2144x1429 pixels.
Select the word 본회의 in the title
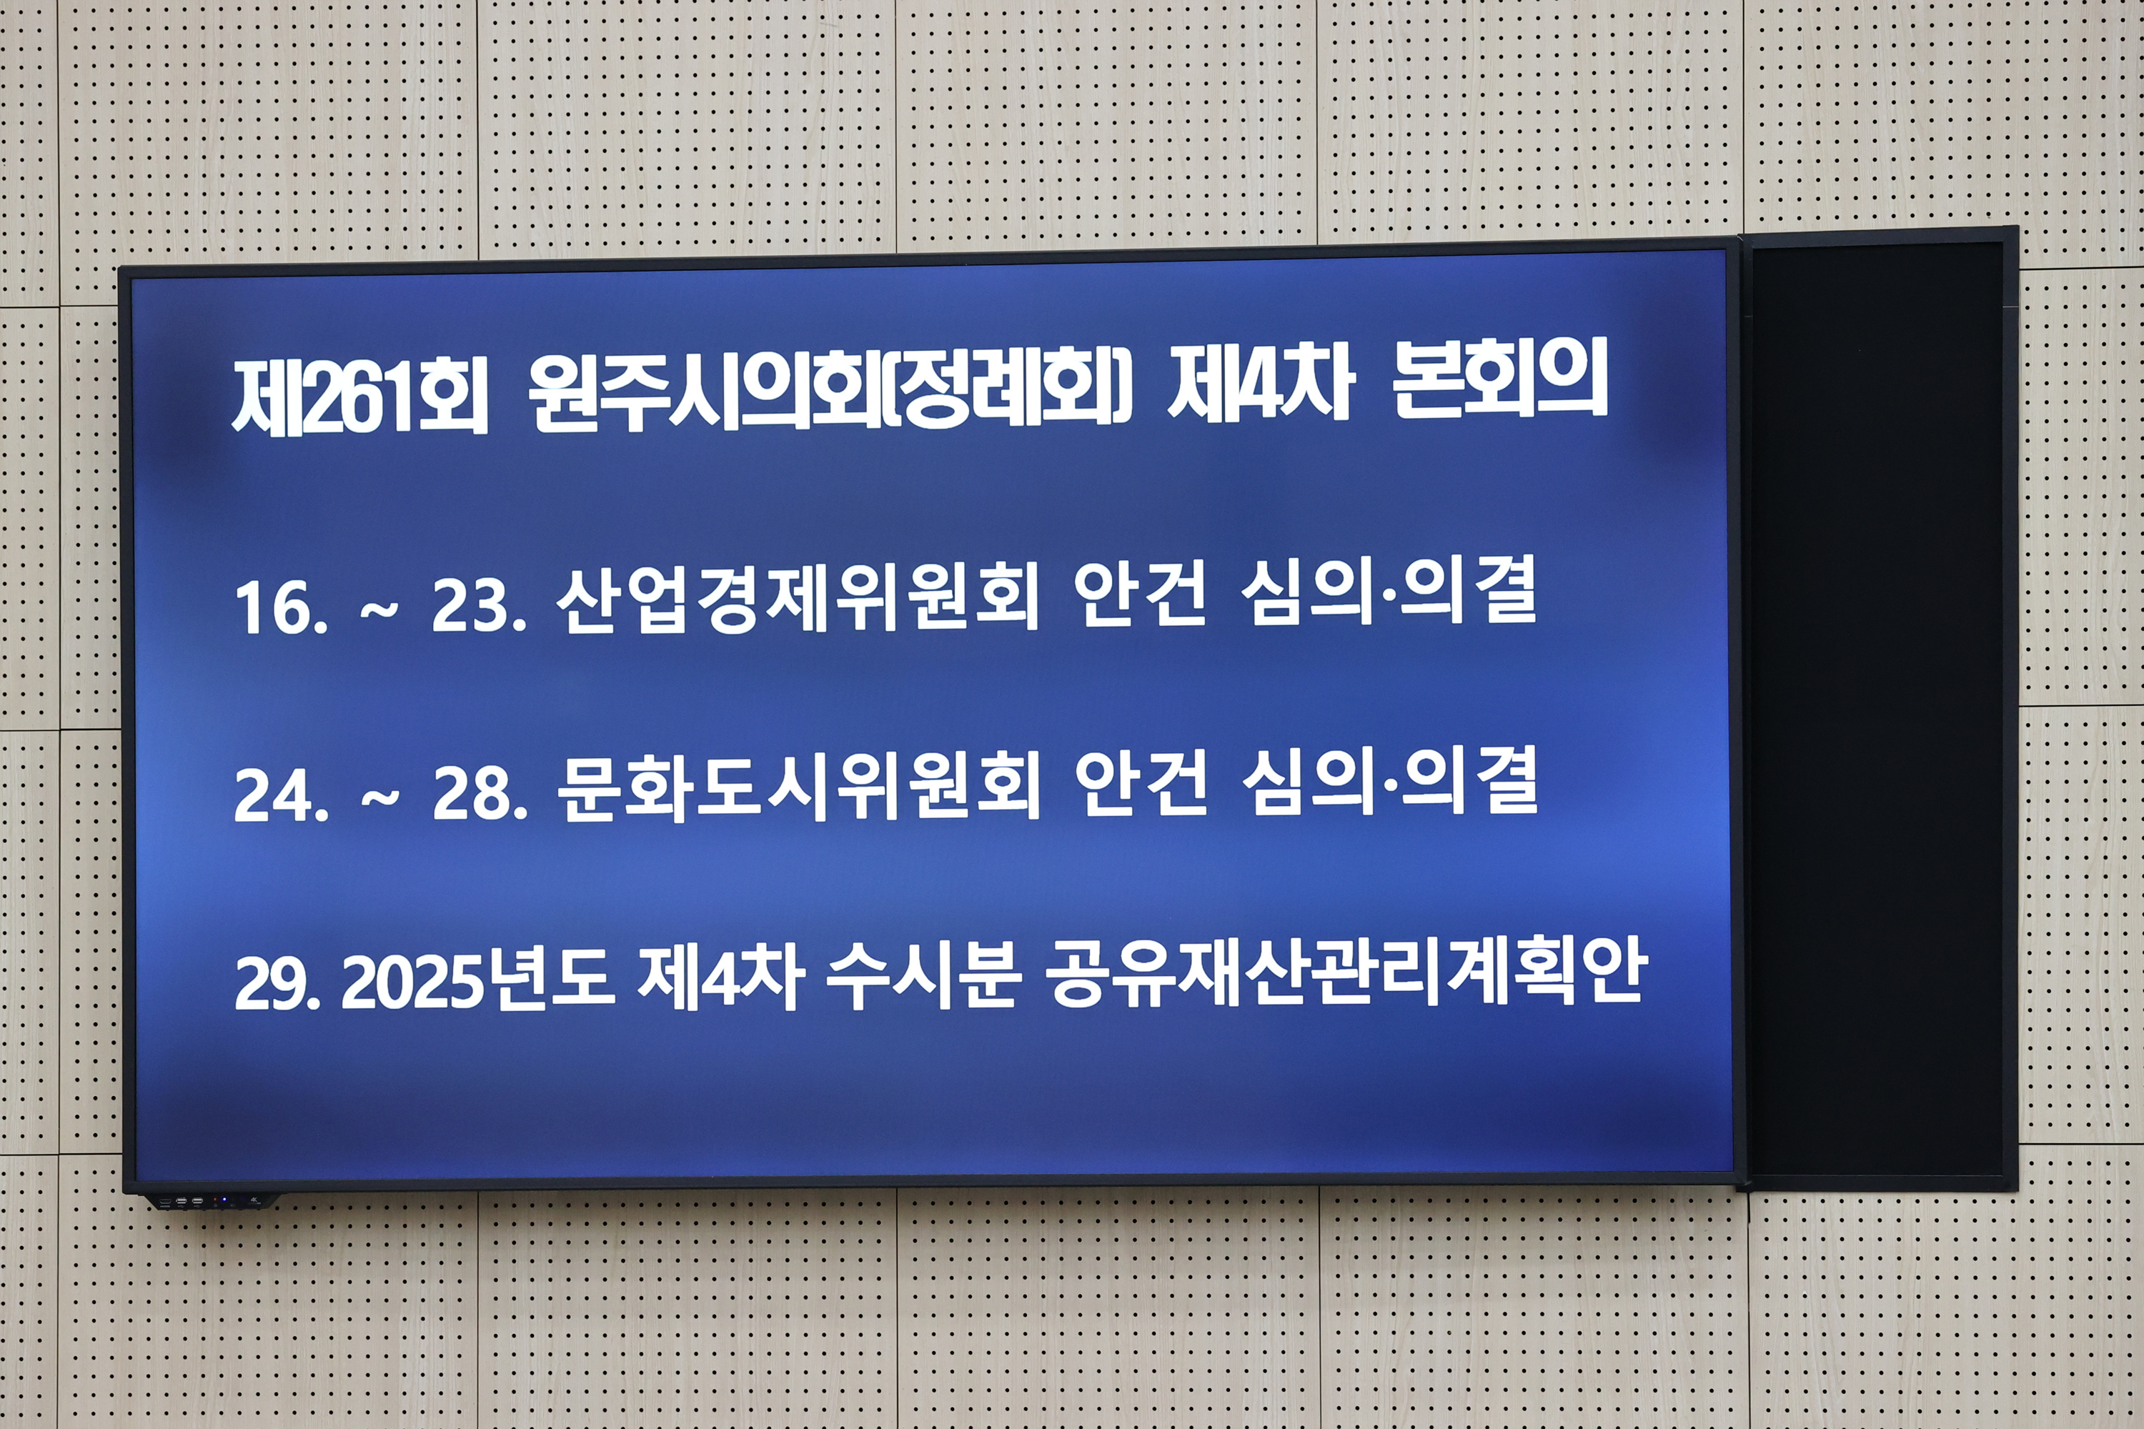[x=1499, y=381]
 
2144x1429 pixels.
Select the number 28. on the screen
[x=480, y=795]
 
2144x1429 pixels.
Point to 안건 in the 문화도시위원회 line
[x=1141, y=784]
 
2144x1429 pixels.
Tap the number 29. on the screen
[x=277, y=983]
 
